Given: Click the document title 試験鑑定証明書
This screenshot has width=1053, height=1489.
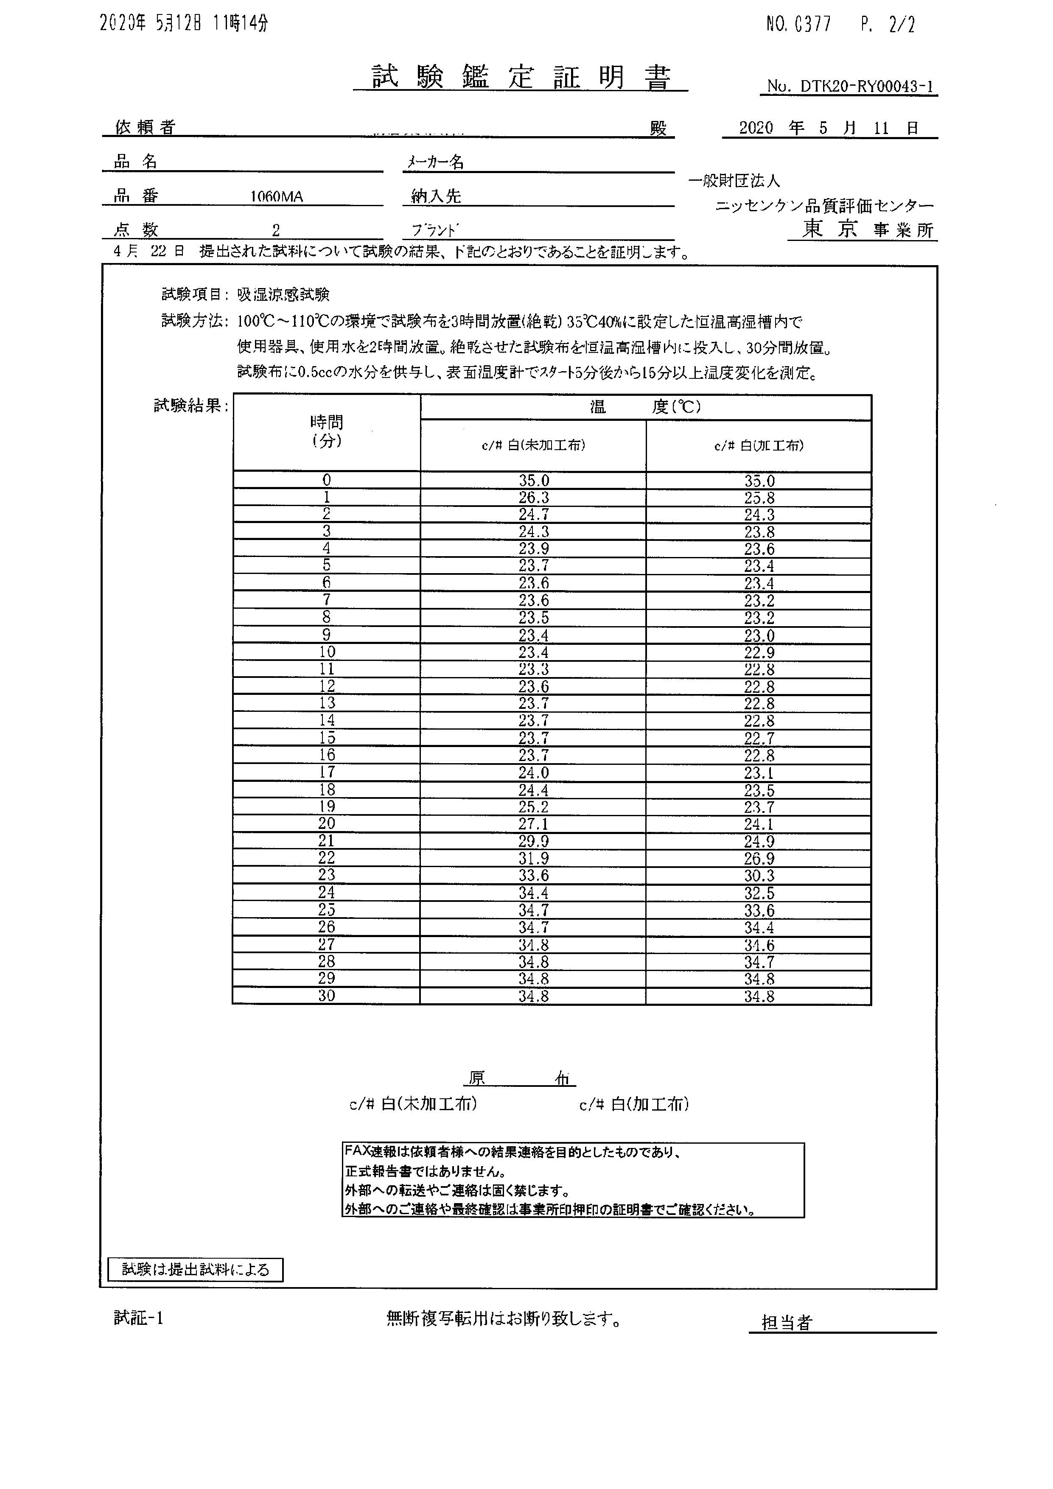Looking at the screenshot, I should pos(520,77).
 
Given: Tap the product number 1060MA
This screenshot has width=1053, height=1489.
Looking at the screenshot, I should pos(276,196).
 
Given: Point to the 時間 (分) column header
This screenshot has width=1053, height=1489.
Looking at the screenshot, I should pos(326,431).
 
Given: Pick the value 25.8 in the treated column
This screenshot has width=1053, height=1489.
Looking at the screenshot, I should pos(759,498).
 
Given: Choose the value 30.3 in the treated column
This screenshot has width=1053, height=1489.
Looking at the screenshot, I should pos(759,876).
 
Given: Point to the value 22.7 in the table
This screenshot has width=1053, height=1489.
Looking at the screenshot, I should pos(759,738).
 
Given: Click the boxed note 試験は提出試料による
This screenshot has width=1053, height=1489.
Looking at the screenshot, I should pos(195,1269).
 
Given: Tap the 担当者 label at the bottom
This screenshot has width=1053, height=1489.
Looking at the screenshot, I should pos(787,1322).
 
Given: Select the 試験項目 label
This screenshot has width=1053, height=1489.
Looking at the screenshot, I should pos(191,294).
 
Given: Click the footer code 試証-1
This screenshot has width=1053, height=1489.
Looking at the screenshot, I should pos(138,1318).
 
